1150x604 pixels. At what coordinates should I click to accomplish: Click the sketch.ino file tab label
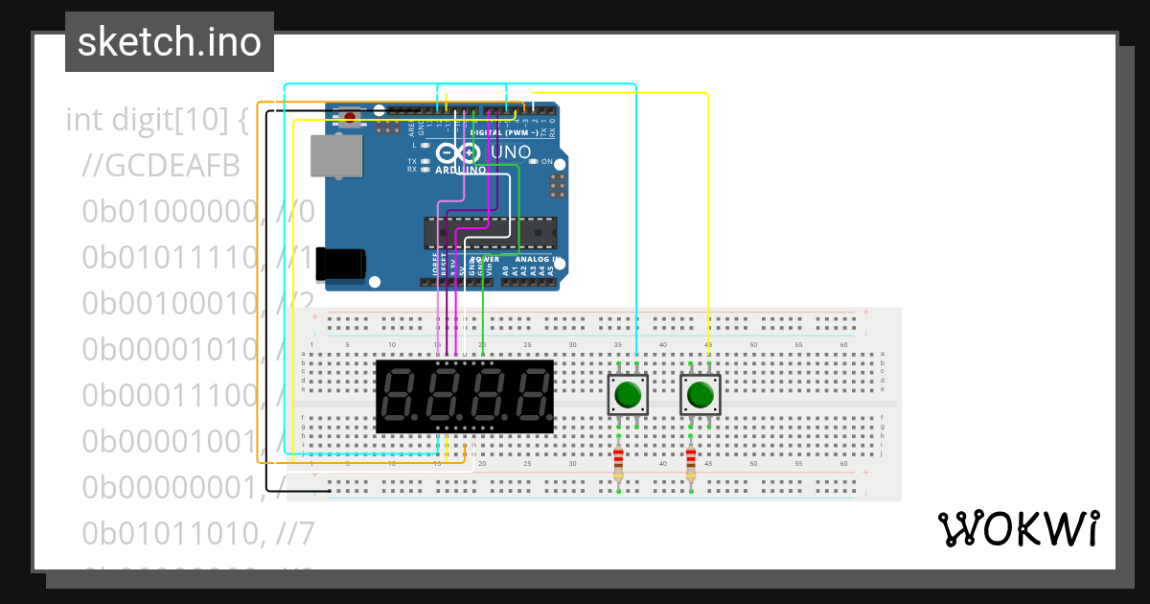click(x=169, y=42)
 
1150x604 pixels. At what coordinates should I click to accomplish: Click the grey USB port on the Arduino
click(x=336, y=155)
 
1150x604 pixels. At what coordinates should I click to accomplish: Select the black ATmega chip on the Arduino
click(x=490, y=233)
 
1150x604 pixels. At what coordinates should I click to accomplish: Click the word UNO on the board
click(x=510, y=153)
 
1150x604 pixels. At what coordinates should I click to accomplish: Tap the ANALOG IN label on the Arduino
click(x=536, y=259)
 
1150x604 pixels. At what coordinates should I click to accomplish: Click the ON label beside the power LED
click(x=546, y=162)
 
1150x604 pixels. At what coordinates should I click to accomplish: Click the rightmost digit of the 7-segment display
click(x=531, y=397)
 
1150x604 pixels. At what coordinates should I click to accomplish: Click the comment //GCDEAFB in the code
click(x=161, y=166)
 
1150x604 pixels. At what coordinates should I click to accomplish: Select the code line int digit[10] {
click(x=157, y=120)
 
